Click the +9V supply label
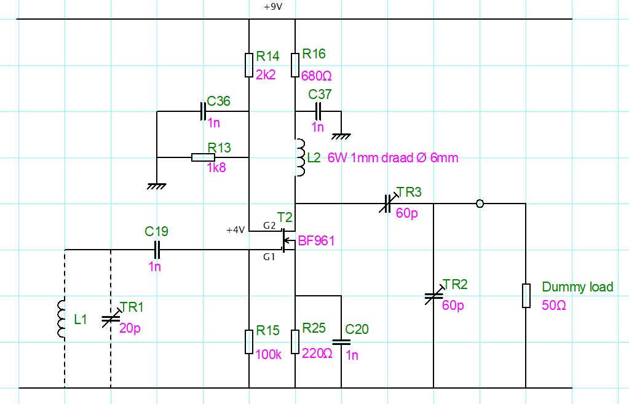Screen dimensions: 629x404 (x=273, y=7)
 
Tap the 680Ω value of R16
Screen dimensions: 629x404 (x=317, y=76)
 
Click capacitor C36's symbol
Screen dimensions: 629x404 (x=203, y=111)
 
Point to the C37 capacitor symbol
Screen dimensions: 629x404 (x=318, y=111)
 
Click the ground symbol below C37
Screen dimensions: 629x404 (x=341, y=137)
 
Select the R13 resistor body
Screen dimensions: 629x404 (x=203, y=157)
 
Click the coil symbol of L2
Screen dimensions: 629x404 (x=299, y=157)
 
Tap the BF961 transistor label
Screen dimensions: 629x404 (x=316, y=240)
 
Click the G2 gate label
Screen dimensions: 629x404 (x=269, y=226)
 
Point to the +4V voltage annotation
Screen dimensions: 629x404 (x=235, y=230)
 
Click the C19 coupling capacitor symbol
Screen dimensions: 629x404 (x=157, y=250)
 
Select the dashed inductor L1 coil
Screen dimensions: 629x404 (x=61, y=319)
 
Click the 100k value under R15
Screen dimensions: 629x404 (x=268, y=354)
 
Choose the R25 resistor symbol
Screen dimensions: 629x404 (x=295, y=342)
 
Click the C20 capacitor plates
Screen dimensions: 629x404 (x=341, y=343)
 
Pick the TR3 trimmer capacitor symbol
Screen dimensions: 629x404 (x=386, y=204)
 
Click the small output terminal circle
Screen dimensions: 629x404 (x=480, y=204)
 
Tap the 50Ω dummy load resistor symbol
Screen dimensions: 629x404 (x=526, y=296)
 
